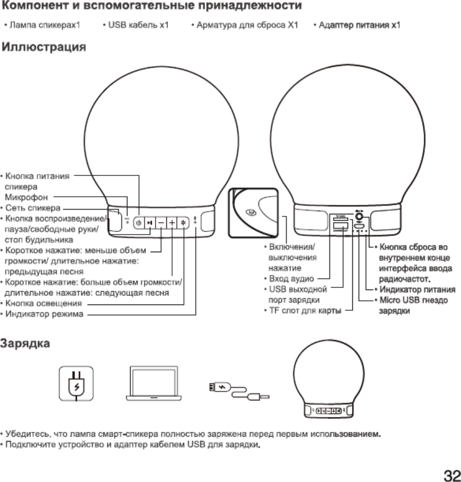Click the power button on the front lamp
(139, 223)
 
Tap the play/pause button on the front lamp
(150, 223)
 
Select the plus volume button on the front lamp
(173, 223)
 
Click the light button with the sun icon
(183, 223)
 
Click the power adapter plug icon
(76, 383)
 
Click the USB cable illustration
(238, 391)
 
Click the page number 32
(450, 473)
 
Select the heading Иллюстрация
(44, 48)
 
